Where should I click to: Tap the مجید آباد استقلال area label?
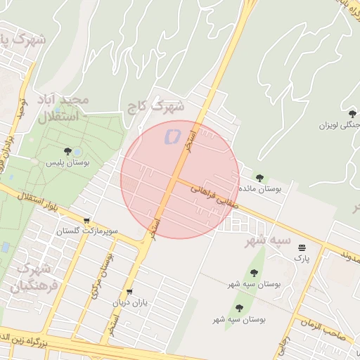pyautogui.click(x=65, y=109)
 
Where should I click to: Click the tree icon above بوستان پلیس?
pyautogui.click(x=67, y=151)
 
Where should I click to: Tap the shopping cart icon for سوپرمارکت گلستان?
pyautogui.click(x=86, y=220)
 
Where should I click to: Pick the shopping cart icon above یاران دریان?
pyautogui.click(x=129, y=292)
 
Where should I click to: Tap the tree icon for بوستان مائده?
pyautogui.click(x=259, y=178)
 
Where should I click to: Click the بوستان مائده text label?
pyautogui.click(x=260, y=189)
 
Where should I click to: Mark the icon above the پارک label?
pyautogui.click(x=302, y=247)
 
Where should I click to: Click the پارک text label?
pyautogui.click(x=302, y=258)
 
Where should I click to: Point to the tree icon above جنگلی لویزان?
pyautogui.click(x=352, y=113)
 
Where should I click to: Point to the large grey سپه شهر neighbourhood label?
pyautogui.click(x=266, y=241)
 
